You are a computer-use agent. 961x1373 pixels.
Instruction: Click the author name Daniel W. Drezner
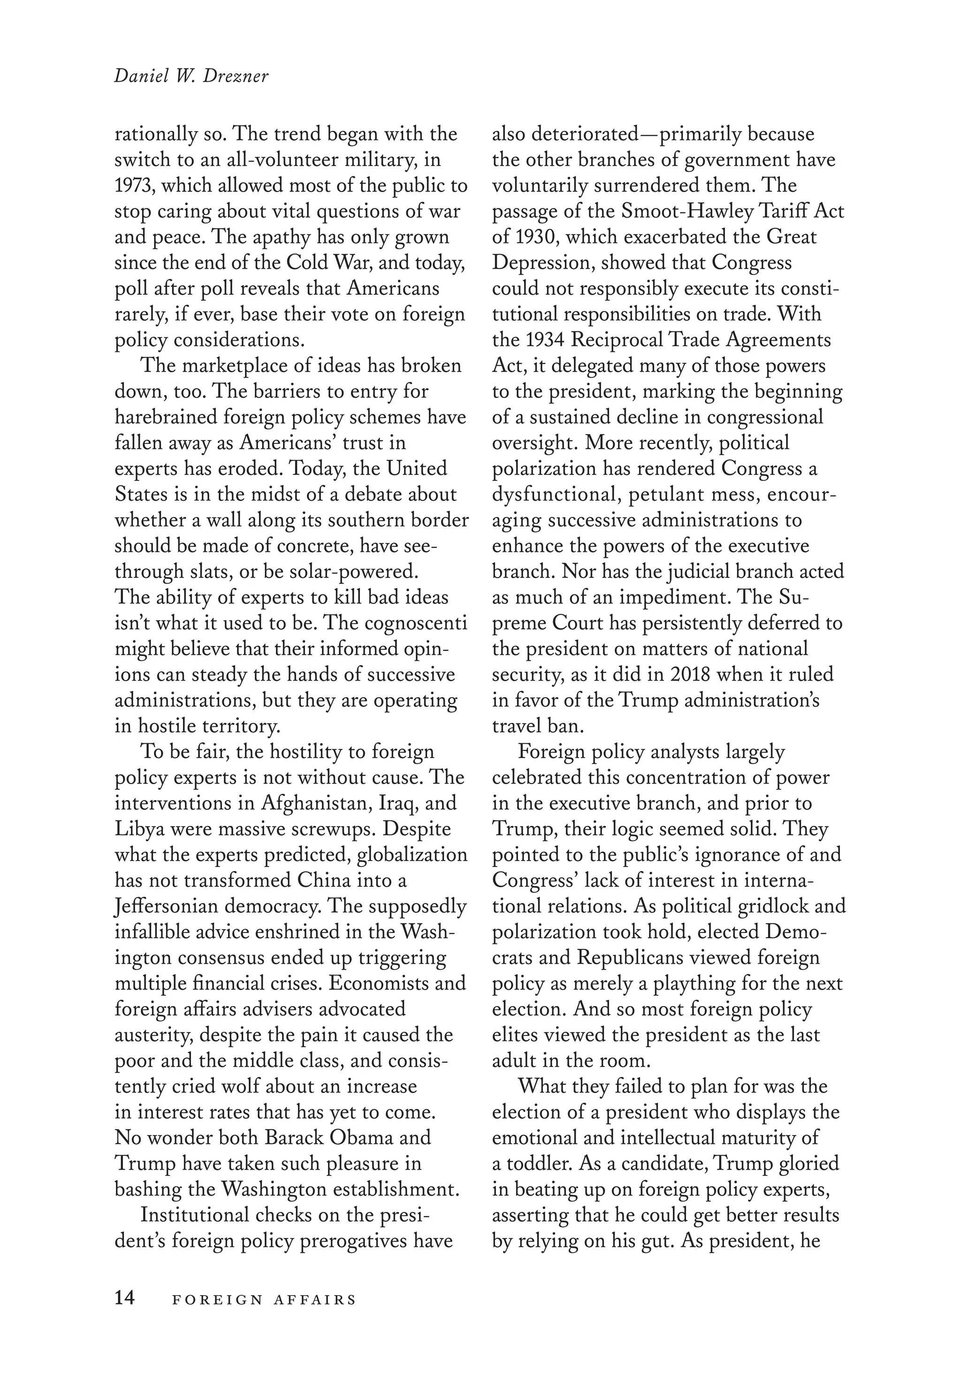(x=191, y=77)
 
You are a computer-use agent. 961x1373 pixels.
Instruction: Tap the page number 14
(x=125, y=1298)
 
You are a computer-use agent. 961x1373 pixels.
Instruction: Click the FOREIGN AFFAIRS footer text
(x=264, y=1299)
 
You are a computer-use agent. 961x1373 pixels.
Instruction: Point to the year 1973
(x=134, y=186)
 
